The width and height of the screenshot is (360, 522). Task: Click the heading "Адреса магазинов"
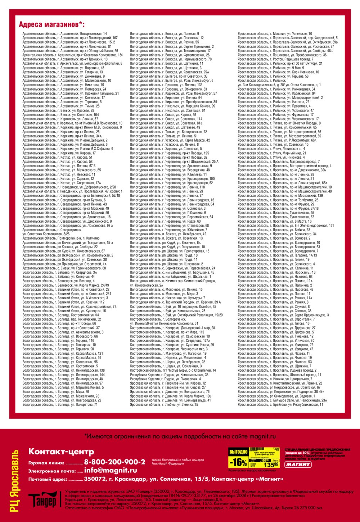tap(51, 25)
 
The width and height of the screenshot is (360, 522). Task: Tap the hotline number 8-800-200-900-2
tap(114, 462)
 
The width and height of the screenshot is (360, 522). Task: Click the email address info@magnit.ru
tap(111, 470)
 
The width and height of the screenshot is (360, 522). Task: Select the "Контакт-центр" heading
tap(61, 451)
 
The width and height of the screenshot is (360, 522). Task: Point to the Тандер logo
tap(42, 500)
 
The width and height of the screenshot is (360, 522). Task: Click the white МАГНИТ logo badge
tap(298, 464)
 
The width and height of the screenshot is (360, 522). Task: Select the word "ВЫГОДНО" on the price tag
tap(238, 452)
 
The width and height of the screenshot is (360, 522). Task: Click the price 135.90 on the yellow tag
tap(271, 465)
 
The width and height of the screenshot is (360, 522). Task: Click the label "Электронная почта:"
tap(52, 471)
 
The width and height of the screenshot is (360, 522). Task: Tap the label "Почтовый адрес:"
tap(48, 480)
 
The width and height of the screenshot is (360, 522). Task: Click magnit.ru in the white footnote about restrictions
tap(262, 436)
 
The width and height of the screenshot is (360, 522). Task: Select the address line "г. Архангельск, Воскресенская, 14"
tap(64, 34)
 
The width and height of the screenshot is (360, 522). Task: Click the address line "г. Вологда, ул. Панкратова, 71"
tap(60, 405)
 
